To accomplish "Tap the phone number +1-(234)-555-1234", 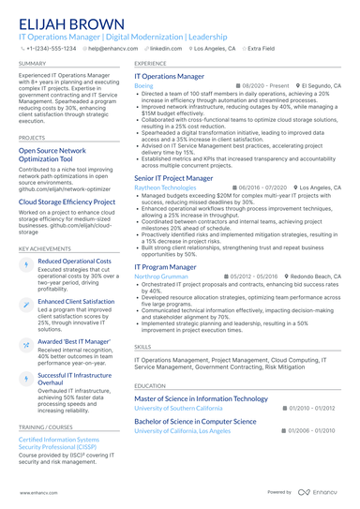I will (51, 47).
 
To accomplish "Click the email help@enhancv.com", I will (112, 47).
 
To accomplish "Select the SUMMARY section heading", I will (32, 63).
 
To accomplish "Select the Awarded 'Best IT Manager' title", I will (75, 341).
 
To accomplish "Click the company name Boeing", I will (143, 85).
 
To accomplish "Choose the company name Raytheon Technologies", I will (165, 187).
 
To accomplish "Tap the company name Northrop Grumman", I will (160, 277).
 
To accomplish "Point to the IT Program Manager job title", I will (165, 266).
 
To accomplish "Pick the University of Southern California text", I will (186, 409).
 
